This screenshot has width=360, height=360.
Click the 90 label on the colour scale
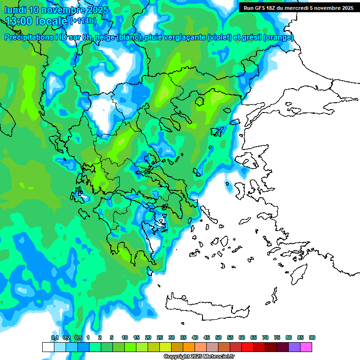[x=312, y=337]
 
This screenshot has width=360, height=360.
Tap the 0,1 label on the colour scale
[x=55, y=337]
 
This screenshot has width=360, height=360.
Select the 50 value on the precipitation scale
[x=218, y=337]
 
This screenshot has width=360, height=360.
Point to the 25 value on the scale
[x=160, y=337]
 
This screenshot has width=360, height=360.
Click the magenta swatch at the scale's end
[x=307, y=347]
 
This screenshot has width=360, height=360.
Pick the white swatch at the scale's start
[x=48, y=347]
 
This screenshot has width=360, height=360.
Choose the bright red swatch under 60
[x=247, y=347]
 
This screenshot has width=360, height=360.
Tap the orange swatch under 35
[x=189, y=347]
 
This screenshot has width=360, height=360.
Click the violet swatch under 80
[x=294, y=347]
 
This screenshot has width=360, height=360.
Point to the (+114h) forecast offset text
[x=83, y=21]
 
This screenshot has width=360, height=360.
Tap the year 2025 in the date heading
[x=97, y=10]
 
